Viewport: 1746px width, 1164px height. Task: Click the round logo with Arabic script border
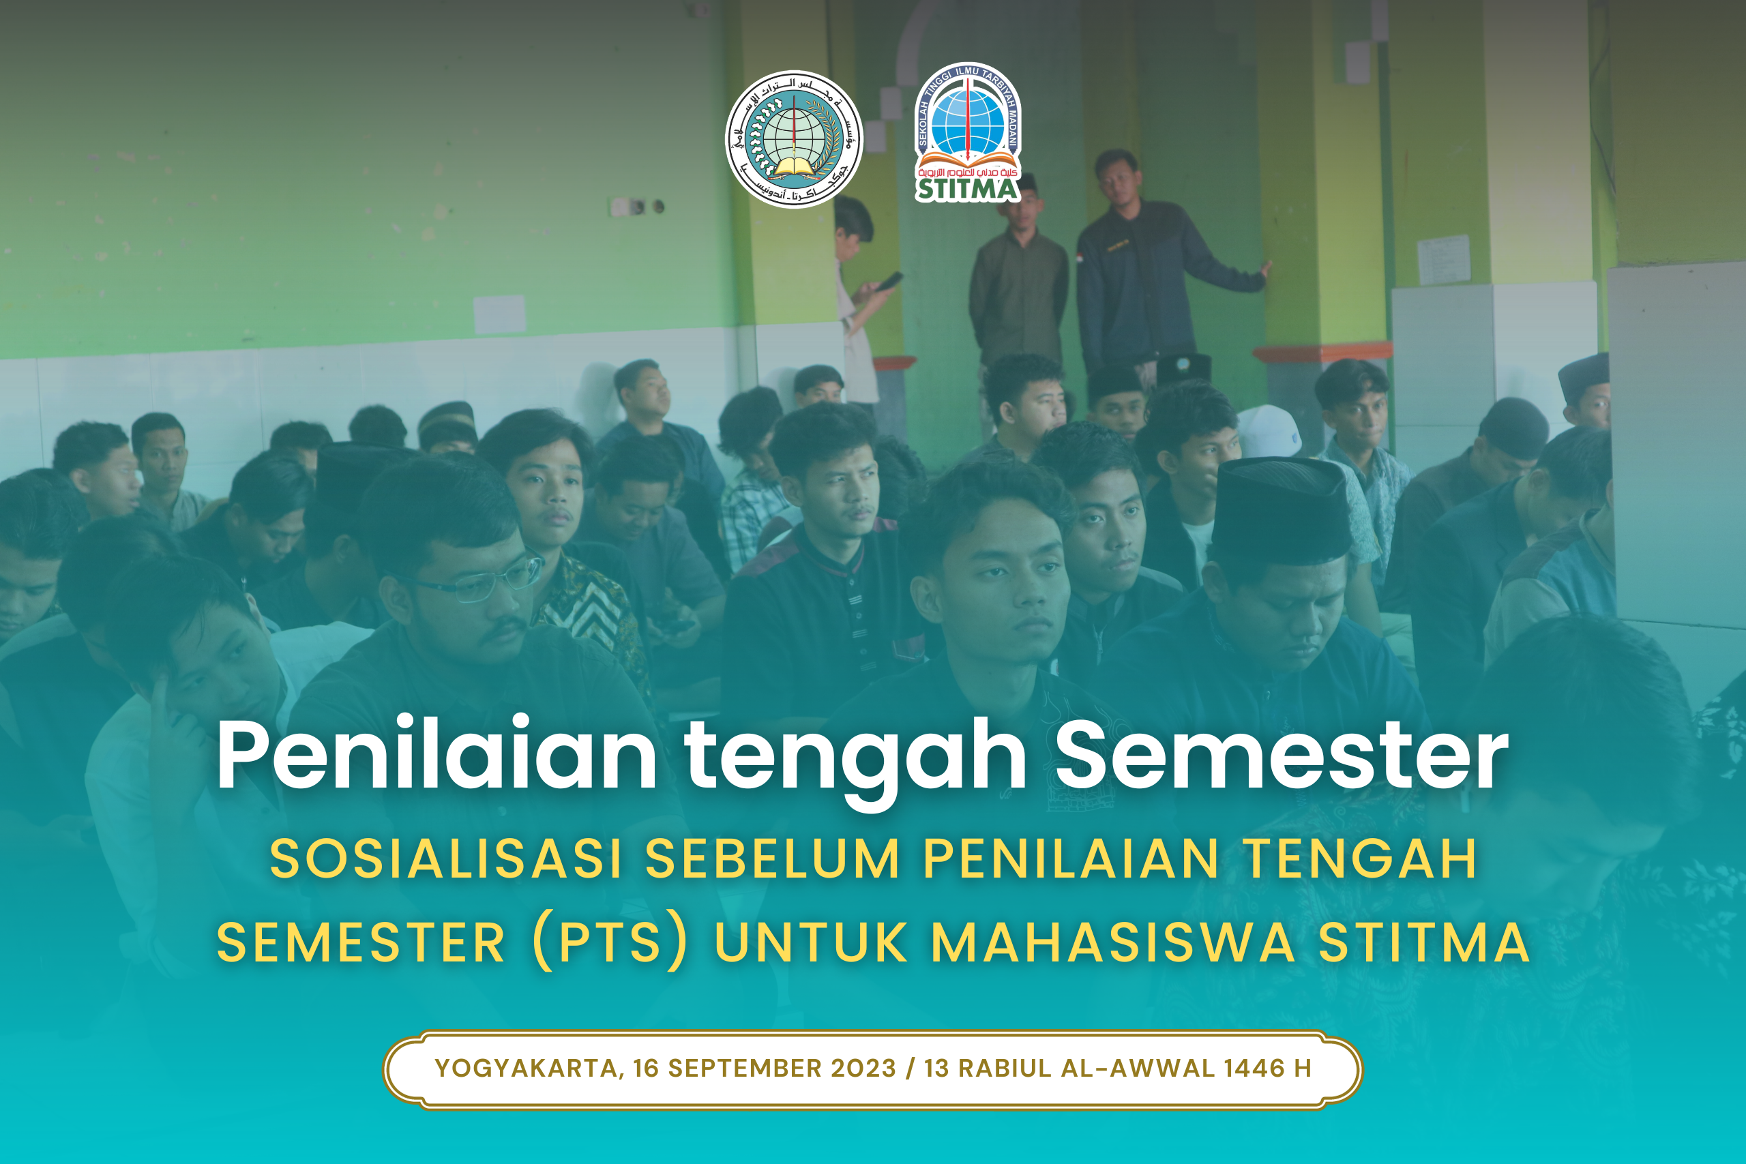(x=794, y=140)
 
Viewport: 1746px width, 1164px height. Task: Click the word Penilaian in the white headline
(x=436, y=755)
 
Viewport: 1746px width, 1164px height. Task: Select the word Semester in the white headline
(x=1282, y=755)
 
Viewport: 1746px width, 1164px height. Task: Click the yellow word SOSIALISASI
(x=445, y=859)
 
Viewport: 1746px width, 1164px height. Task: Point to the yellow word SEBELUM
(x=773, y=859)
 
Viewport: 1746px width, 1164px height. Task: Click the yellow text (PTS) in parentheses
(x=610, y=943)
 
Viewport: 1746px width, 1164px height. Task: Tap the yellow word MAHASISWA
(x=1114, y=943)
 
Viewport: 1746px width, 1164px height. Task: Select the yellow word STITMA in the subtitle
(x=1424, y=943)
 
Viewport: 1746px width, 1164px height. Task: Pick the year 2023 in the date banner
(x=863, y=1069)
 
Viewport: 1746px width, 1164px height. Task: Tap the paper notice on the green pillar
(x=1443, y=259)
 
